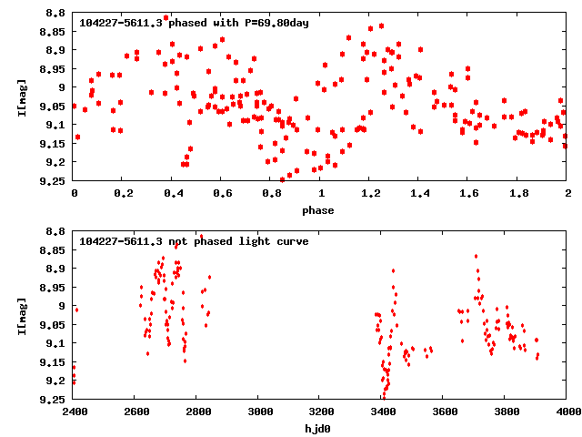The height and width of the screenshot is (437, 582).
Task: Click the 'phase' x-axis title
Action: click(320, 210)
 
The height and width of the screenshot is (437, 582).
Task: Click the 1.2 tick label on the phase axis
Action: click(370, 193)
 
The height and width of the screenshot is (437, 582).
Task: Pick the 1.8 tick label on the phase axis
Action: click(518, 193)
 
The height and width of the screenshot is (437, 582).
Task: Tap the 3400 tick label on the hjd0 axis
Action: click(382, 412)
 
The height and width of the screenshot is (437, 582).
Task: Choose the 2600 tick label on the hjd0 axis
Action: click(135, 412)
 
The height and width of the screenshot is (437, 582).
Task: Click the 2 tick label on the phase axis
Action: click(567, 193)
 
